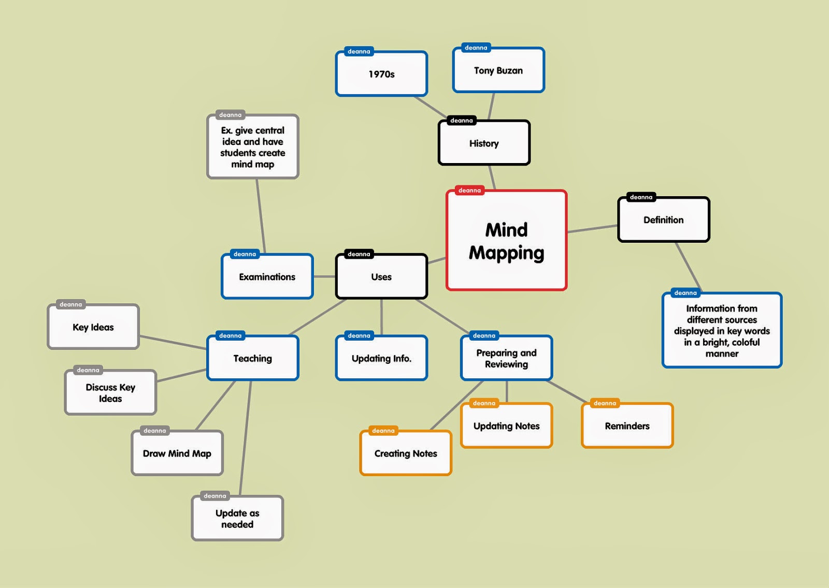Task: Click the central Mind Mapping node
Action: tap(506, 241)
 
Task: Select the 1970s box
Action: tap(381, 75)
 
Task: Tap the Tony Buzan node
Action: tap(498, 71)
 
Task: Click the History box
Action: tap(484, 143)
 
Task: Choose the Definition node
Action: tap(663, 220)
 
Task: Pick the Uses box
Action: tap(381, 277)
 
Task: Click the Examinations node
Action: tap(267, 277)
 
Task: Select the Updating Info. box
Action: tap(381, 359)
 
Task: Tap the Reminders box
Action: tap(627, 426)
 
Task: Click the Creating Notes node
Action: tap(406, 453)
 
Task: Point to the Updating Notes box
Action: tap(506, 426)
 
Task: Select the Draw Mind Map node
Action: tap(177, 453)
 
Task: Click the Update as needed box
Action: tap(237, 519)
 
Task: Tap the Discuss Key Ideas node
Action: tap(110, 393)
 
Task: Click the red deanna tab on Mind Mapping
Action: tap(469, 190)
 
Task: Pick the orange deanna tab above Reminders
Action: tap(605, 403)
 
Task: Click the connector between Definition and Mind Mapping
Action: tap(592, 229)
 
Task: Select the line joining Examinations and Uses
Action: tap(324, 277)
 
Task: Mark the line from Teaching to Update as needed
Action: tap(246, 437)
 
